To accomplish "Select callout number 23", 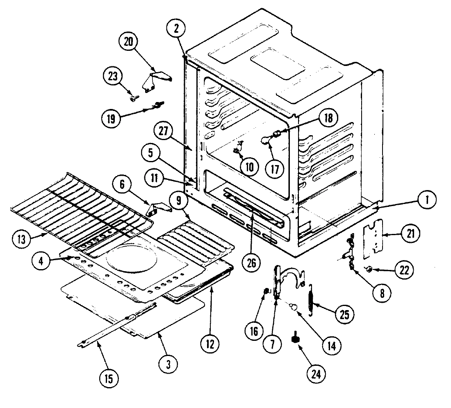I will pos(112,76).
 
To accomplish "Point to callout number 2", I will pos(176,29).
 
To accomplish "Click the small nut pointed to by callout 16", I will pos(266,291).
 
